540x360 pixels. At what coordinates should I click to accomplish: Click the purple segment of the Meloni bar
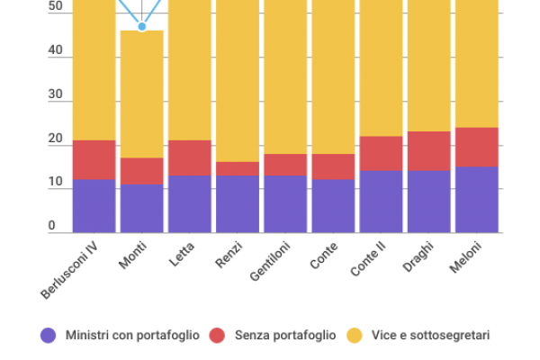click(x=476, y=200)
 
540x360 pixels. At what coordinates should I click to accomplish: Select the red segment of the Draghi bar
click(x=428, y=151)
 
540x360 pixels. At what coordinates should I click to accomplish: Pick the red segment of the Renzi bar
click(x=238, y=168)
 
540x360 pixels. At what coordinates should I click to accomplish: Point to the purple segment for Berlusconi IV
click(x=94, y=206)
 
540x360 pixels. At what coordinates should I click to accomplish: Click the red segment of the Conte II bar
click(x=381, y=153)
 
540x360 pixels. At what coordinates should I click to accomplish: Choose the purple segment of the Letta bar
click(x=190, y=204)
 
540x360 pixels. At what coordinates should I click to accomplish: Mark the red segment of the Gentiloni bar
click(x=285, y=164)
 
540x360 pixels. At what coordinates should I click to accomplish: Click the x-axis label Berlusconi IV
click(x=70, y=270)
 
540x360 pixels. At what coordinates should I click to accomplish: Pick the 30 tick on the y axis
click(x=56, y=94)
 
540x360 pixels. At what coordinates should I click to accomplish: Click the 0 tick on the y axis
click(x=52, y=226)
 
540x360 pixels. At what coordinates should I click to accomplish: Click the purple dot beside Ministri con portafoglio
click(x=49, y=336)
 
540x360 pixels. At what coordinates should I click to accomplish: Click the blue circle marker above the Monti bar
click(x=142, y=26)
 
